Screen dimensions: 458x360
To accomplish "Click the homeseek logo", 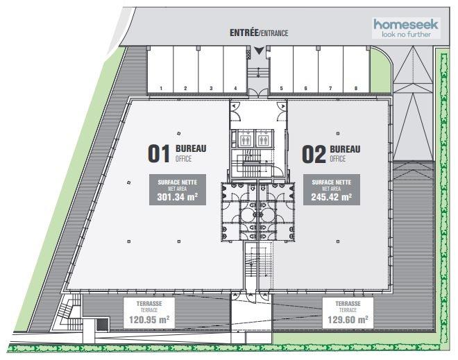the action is coord(406,28).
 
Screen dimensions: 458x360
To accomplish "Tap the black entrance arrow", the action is coord(259,51).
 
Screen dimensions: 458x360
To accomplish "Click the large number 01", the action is coord(159,153).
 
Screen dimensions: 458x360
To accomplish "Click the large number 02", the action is coord(314,154).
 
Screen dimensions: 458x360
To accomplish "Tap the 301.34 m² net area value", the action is coord(177,197).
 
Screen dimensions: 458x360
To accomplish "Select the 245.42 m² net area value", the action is coord(331,197).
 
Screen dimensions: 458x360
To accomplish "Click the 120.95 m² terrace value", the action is coord(149,320).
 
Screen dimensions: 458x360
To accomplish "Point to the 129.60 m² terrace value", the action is coord(348,320).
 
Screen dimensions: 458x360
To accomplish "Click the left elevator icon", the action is coord(245,139).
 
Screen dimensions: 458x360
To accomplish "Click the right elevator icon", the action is coord(264,139).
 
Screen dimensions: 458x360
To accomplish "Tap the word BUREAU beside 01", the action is coord(191,148).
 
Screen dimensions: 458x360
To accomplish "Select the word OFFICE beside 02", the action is coord(338,159).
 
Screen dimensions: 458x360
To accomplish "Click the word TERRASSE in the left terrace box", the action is coord(149,304).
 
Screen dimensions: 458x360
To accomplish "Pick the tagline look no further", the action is coord(406,35).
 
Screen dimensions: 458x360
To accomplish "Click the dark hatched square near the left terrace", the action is coord(103,325).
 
